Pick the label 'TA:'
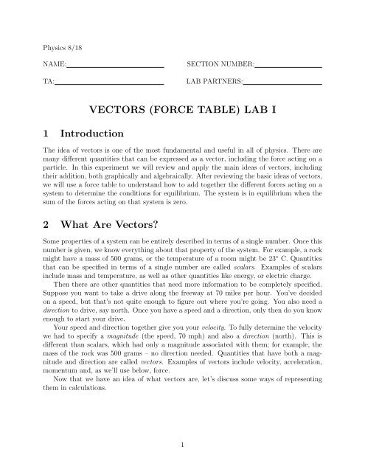(x=48, y=84)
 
